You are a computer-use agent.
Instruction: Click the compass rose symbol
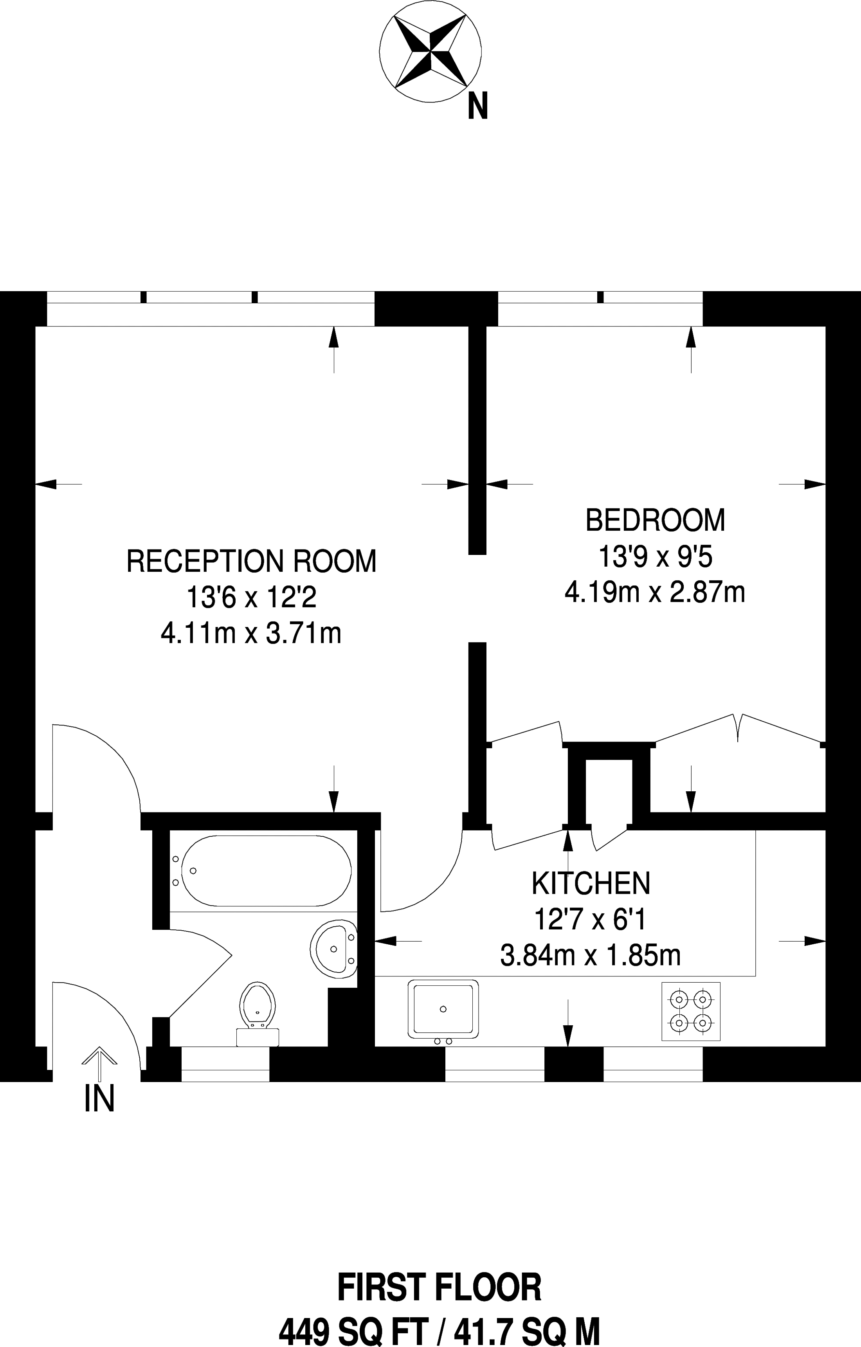click(430, 52)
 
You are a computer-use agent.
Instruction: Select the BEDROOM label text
click(655, 520)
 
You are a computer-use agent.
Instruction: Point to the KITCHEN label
click(591, 883)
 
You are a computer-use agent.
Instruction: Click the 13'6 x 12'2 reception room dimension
click(251, 598)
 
